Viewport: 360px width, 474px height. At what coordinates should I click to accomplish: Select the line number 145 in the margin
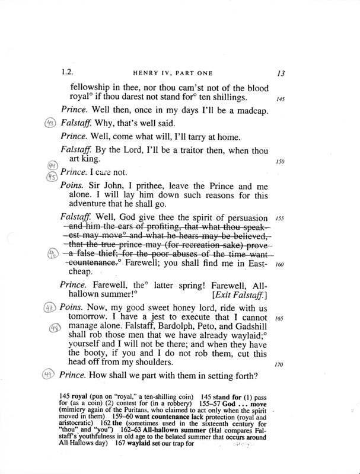click(x=280, y=99)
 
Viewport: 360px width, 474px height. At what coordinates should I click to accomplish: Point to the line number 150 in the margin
click(x=280, y=161)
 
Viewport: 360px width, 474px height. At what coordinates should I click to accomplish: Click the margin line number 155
click(x=280, y=219)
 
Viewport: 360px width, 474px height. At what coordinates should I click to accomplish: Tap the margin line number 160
click(x=280, y=265)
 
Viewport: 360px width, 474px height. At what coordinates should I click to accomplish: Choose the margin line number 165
click(x=280, y=318)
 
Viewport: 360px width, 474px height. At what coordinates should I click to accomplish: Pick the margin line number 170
click(x=280, y=364)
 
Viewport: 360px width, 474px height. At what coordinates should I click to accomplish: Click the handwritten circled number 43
click(x=50, y=123)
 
